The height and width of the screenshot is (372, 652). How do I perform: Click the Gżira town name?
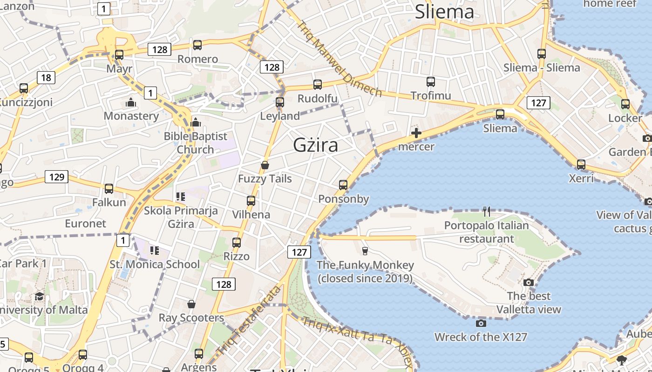(x=315, y=145)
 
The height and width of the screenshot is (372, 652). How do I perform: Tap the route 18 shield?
(x=46, y=77)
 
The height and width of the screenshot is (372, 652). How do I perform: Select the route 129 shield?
(x=57, y=177)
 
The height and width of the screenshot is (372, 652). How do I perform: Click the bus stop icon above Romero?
(x=197, y=45)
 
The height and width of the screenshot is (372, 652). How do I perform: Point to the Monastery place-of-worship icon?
(x=131, y=102)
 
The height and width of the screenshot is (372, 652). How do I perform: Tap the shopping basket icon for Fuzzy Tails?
(x=265, y=165)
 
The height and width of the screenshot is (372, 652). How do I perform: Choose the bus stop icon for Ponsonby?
(x=343, y=185)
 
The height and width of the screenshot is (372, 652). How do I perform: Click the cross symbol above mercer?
(x=416, y=133)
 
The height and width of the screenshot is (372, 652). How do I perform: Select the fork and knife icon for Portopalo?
(x=487, y=212)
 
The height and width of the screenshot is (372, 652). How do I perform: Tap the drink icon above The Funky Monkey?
(x=365, y=251)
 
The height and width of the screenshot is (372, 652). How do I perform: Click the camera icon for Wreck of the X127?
(x=481, y=323)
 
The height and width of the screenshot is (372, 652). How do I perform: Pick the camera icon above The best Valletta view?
(x=528, y=282)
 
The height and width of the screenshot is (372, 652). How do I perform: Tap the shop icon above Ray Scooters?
(x=191, y=304)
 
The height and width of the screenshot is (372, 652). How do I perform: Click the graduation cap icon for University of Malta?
(x=39, y=296)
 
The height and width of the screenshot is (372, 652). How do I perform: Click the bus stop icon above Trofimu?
(x=431, y=82)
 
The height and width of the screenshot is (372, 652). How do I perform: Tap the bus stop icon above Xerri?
(x=581, y=164)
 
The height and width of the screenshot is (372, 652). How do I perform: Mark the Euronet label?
(x=85, y=223)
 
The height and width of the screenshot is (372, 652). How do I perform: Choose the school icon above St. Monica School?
(x=155, y=251)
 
